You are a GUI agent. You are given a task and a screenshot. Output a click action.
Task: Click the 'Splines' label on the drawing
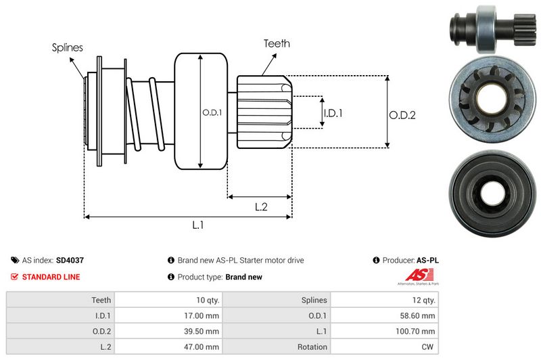pos(68,47)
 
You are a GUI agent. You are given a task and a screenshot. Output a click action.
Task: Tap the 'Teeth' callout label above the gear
pos(277,43)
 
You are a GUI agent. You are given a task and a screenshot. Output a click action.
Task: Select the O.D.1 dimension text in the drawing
pos(212,112)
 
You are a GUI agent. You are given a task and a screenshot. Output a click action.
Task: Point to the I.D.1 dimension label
pos(332,114)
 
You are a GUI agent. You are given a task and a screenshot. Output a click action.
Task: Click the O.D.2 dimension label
pos(402,115)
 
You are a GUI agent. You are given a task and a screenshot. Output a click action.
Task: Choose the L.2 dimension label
pos(262,207)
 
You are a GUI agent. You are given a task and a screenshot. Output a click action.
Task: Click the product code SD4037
pos(70,260)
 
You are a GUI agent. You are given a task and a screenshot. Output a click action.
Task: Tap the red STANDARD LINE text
pos(51,277)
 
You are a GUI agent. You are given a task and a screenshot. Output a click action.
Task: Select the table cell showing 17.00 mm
pos(202,315)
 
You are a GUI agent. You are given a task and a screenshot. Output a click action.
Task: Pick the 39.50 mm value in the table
pos(202,331)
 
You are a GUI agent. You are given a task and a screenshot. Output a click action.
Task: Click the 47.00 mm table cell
pos(202,346)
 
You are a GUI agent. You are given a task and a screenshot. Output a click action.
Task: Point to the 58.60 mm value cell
pos(419,315)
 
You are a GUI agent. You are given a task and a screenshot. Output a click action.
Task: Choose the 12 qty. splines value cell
pos(422,300)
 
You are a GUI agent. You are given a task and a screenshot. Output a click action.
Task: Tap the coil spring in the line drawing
pos(145,112)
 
